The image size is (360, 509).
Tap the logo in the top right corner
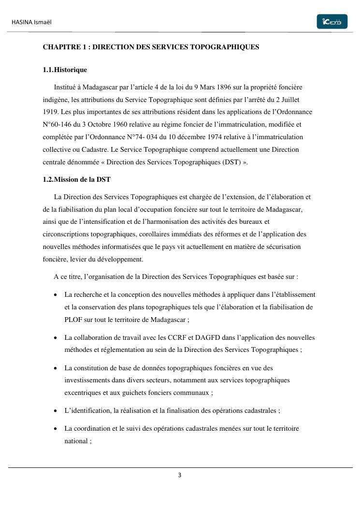click(x=332, y=22)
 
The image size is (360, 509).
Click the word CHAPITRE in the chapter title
click(x=59, y=47)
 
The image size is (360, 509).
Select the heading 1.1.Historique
click(x=65, y=70)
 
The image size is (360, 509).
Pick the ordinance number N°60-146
click(x=57, y=125)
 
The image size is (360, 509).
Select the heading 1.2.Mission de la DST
click(x=76, y=180)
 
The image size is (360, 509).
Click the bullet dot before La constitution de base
click(x=57, y=368)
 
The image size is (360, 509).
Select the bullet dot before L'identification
click(x=57, y=411)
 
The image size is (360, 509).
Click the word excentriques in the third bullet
click(x=83, y=393)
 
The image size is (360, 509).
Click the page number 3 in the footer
click(x=180, y=475)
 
